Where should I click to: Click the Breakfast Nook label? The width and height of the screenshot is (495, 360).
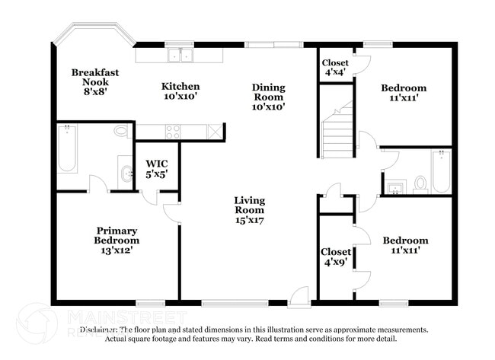95,78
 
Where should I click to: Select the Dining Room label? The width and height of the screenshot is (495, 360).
268,97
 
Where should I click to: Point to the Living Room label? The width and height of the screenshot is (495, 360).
249,209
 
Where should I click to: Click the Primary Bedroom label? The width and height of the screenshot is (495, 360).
117,240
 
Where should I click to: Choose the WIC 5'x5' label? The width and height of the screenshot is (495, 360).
157,168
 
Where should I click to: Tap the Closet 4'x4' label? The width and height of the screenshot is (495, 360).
334,68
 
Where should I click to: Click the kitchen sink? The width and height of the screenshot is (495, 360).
181,55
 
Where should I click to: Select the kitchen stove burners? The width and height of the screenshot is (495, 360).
172,131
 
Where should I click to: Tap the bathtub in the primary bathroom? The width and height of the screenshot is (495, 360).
65,151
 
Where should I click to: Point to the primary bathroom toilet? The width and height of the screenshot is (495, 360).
121,131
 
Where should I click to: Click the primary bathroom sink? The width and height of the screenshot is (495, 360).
124,173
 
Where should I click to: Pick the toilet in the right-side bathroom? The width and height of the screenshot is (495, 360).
420,183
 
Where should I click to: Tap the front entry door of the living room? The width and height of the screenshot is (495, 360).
299,297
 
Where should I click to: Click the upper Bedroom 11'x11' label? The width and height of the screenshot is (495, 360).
403,93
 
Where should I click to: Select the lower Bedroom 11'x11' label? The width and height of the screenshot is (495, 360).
404,245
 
